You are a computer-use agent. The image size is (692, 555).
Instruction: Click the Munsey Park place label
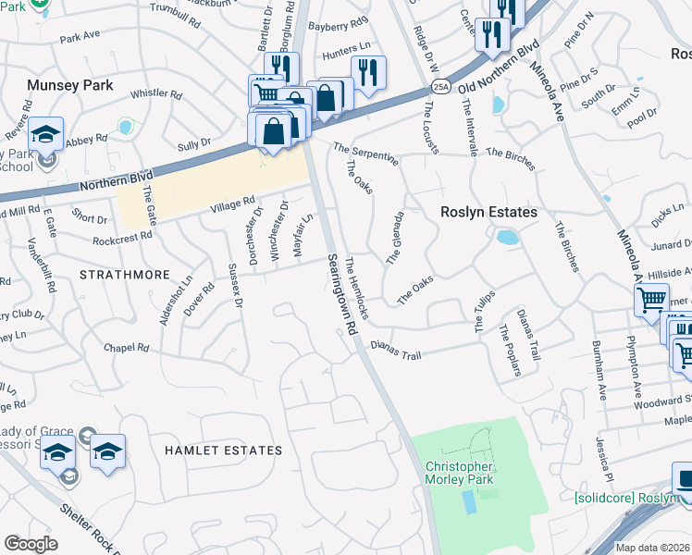(x=70, y=85)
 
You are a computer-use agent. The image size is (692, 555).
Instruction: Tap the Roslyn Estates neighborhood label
(x=488, y=213)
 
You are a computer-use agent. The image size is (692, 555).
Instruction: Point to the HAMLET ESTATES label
(x=223, y=450)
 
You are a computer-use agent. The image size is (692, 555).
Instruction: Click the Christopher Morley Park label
(x=459, y=473)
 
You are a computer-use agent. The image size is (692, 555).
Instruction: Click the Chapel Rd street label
(x=127, y=348)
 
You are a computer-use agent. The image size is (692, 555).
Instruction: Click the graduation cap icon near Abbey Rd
(x=45, y=134)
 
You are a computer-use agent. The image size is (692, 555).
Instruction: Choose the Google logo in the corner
(x=31, y=544)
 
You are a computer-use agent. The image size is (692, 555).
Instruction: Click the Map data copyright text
(x=652, y=548)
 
